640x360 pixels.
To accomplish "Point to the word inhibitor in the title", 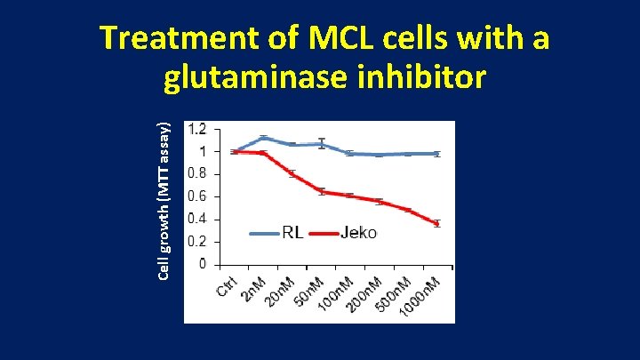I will tap(429, 77).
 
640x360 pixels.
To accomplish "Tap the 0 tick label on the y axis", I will tap(204, 264).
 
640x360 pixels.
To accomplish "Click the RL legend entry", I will tap(292, 233).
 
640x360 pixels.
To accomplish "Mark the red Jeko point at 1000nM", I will tap(436, 223).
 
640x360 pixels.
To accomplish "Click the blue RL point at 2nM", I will tap(263, 138).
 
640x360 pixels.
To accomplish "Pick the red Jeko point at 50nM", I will tap(321, 191).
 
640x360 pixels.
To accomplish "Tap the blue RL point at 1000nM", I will tap(436, 154).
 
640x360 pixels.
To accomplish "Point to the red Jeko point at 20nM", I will tap(292, 173).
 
